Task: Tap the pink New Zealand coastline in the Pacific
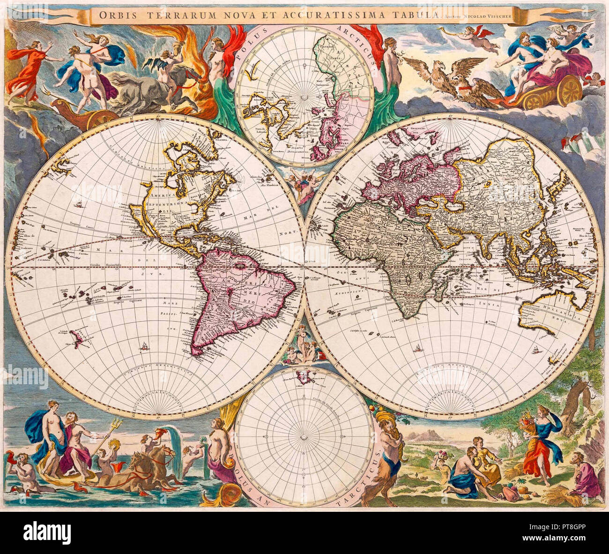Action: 78,334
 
